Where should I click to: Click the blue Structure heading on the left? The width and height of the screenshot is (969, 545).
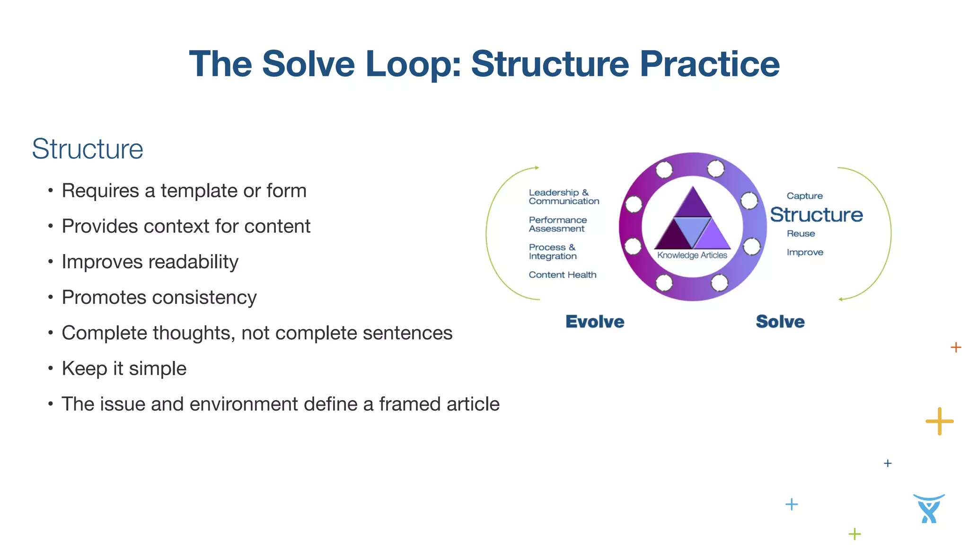coord(88,149)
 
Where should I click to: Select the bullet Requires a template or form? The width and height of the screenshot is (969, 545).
coord(184,191)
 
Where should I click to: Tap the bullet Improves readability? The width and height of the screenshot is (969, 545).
coord(150,262)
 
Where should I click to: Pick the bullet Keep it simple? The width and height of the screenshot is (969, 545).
coord(124,369)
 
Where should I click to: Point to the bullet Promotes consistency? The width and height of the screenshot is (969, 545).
coord(159,298)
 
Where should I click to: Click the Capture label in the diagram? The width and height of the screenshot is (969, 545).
coord(804,196)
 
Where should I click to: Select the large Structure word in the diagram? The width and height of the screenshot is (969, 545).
coord(816,215)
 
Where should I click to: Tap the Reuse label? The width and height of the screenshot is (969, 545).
coord(801,234)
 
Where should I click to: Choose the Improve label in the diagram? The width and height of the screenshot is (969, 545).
coord(805,252)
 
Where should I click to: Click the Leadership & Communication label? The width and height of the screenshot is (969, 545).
coord(564,197)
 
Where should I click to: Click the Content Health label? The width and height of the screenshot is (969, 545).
coord(562,275)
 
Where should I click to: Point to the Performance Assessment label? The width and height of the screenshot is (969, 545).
coord(557,224)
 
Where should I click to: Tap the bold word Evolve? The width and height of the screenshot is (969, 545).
coord(595,322)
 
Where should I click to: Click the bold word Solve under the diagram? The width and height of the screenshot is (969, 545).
coord(780,322)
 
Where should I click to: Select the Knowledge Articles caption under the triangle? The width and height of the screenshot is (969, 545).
coord(692,255)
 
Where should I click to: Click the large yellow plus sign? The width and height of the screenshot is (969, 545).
coord(939,421)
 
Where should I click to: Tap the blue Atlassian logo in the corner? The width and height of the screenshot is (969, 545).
coord(929,509)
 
